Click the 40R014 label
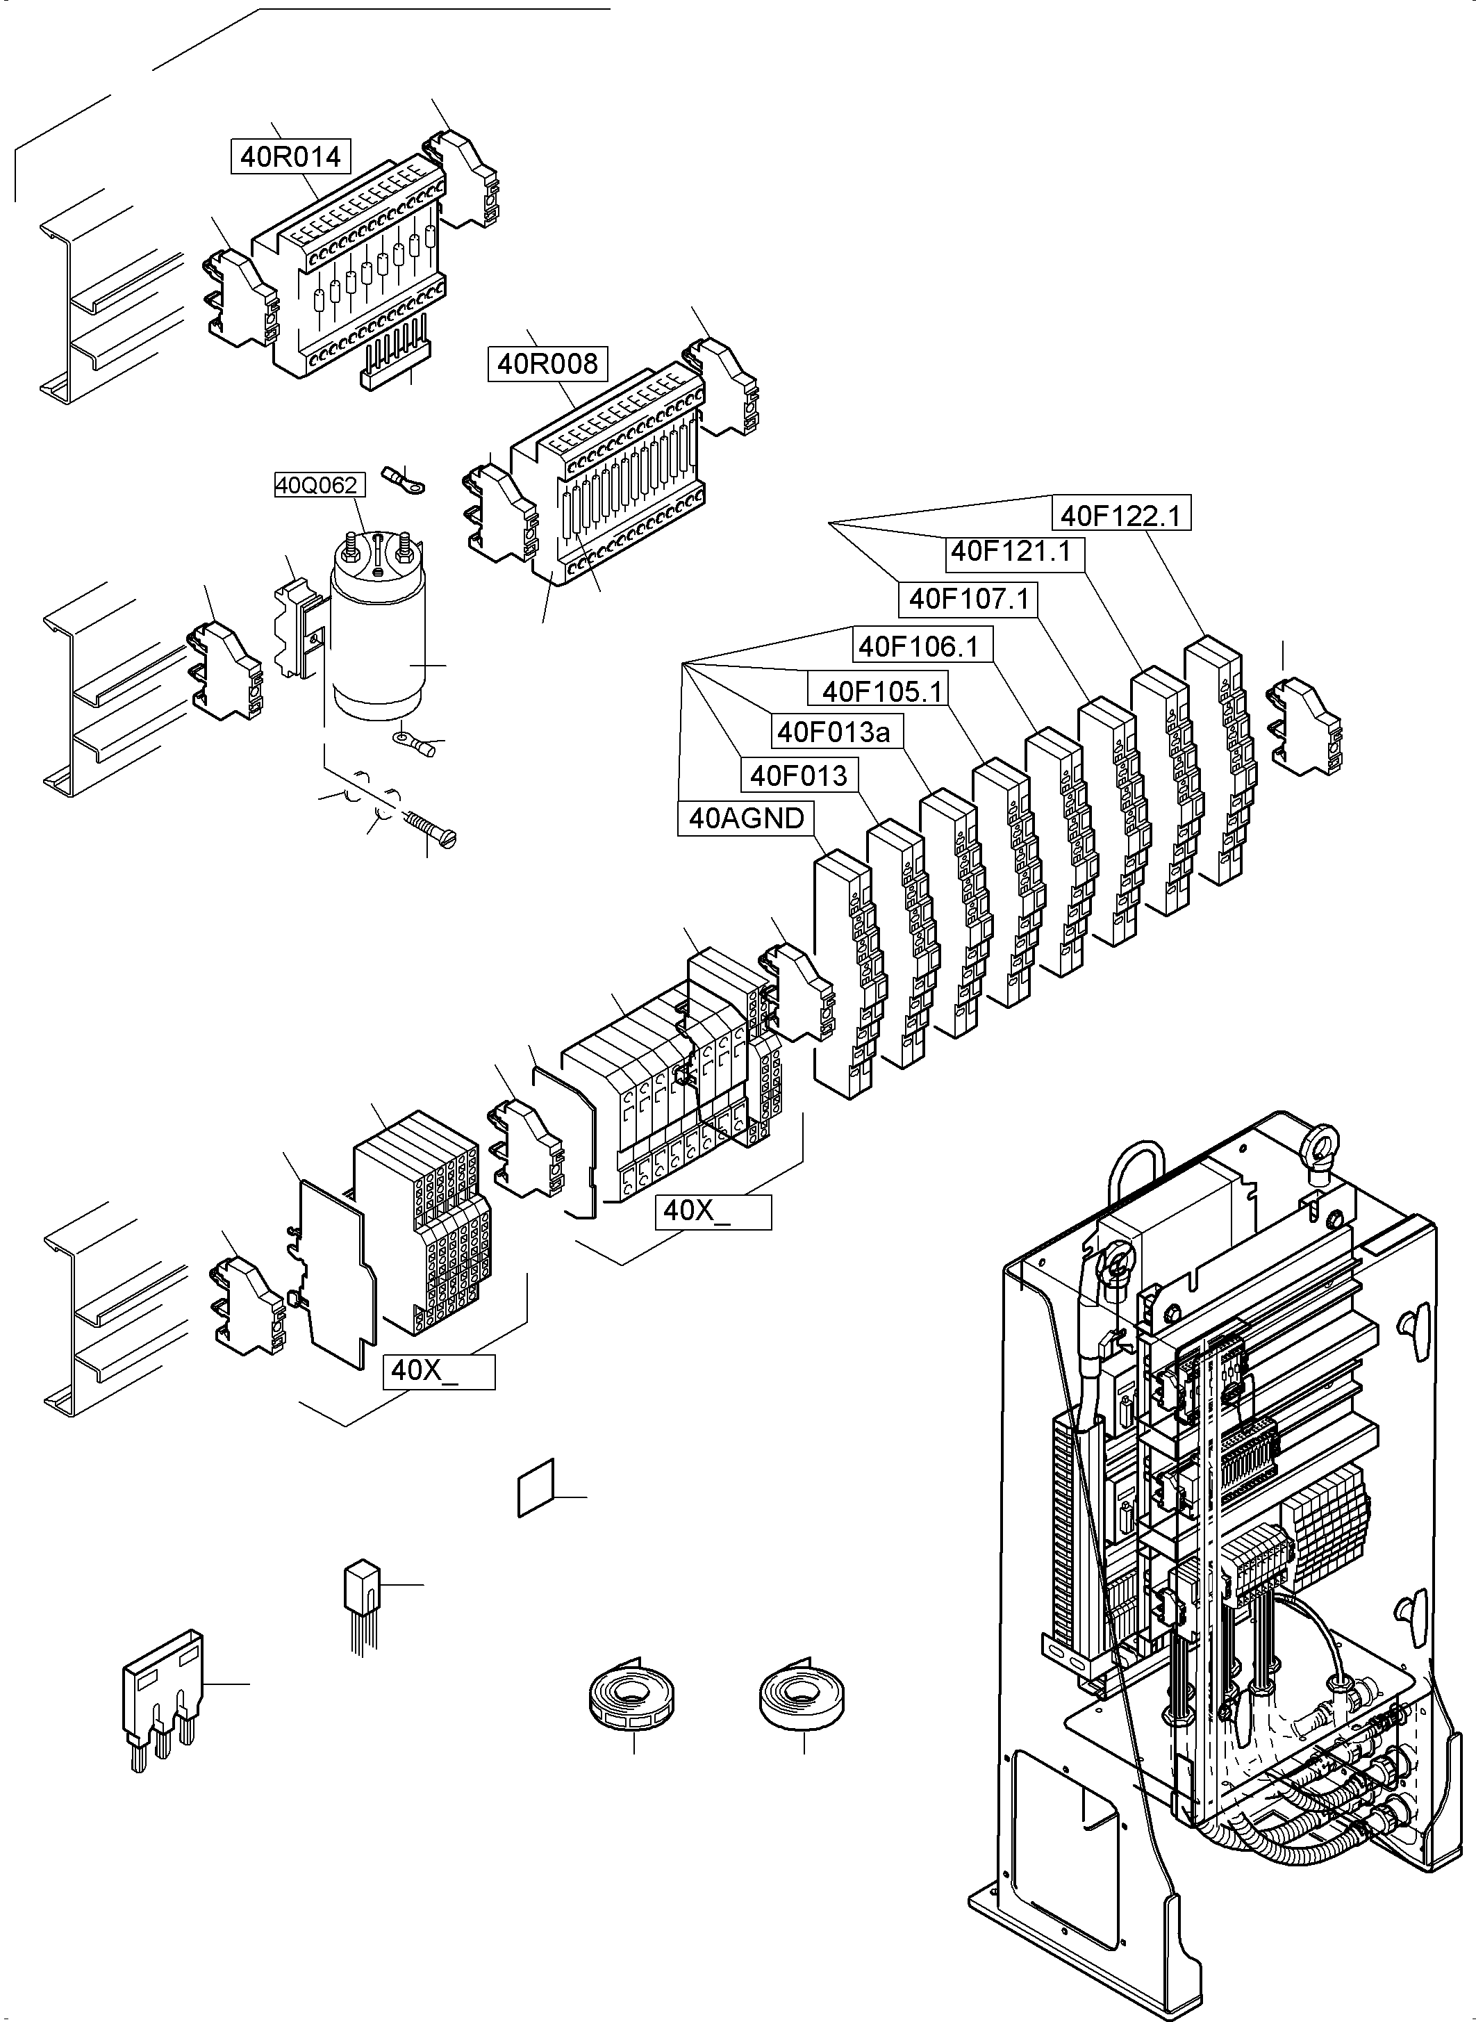[290, 156]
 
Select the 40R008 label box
[547, 364]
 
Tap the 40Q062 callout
[316, 486]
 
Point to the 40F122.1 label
[1120, 516]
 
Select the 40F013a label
[834, 732]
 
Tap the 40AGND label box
[747, 818]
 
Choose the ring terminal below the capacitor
[416, 743]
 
